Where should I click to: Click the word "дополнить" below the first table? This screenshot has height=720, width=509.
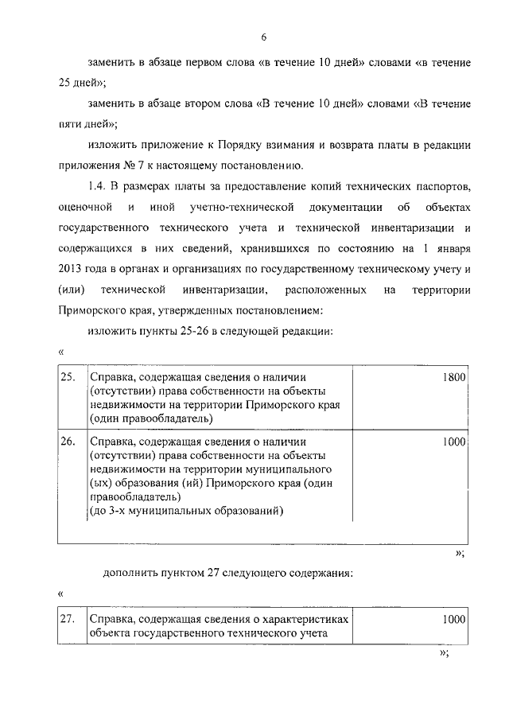pos(128,572)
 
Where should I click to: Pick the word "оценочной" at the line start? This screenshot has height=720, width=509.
pos(83,207)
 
